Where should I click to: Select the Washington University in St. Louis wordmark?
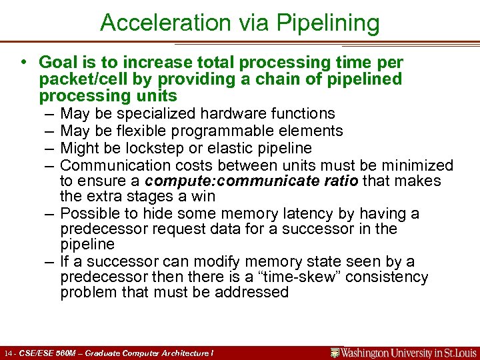(x=403, y=353)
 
